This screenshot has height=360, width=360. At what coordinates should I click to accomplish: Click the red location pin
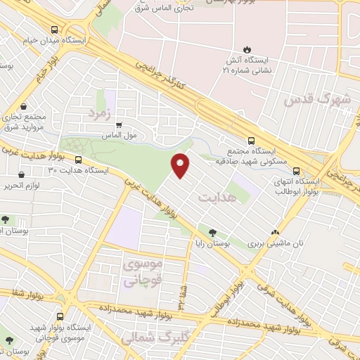click(x=181, y=165)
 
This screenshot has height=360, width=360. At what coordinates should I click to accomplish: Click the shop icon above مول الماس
click(x=118, y=124)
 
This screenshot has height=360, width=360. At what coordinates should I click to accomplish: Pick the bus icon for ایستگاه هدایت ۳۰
click(x=77, y=160)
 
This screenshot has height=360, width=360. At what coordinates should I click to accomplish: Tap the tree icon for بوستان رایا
click(x=212, y=232)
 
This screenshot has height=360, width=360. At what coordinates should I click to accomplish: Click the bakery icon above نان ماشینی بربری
click(x=275, y=232)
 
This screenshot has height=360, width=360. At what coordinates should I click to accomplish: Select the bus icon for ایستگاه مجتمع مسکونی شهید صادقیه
click(x=252, y=140)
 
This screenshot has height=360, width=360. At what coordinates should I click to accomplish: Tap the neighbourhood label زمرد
click(x=100, y=112)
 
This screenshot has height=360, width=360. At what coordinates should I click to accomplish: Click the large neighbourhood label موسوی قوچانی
click(x=143, y=272)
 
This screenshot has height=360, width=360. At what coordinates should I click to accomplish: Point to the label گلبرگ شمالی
click(x=147, y=338)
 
